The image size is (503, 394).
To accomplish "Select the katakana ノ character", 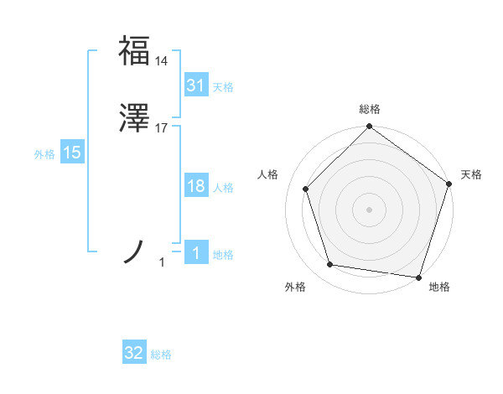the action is [x=134, y=251].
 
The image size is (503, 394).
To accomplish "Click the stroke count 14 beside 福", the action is [x=162, y=60].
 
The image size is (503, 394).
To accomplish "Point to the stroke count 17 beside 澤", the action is [x=162, y=129].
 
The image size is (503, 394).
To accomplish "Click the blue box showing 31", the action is [x=195, y=86].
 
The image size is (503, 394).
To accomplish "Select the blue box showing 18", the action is [x=195, y=187].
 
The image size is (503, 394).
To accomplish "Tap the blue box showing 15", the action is [x=72, y=153].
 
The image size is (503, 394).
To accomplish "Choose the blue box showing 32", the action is [x=134, y=354].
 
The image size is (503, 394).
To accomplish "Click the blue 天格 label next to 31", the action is [x=223, y=87].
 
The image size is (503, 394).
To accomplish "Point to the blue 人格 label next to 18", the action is [x=223, y=188].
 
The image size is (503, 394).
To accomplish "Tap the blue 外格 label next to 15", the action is [x=44, y=153].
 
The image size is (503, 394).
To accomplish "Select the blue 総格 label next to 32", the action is [x=161, y=355].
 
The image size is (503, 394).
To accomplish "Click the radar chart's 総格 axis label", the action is [x=369, y=109].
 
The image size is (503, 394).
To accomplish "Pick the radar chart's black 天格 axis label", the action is [x=471, y=174].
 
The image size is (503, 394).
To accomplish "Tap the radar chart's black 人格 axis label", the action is [x=268, y=174].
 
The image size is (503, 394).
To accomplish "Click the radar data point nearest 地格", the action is [x=418, y=277].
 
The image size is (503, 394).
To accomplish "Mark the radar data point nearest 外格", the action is [x=330, y=265].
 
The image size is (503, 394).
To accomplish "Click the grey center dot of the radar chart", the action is [x=369, y=209].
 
